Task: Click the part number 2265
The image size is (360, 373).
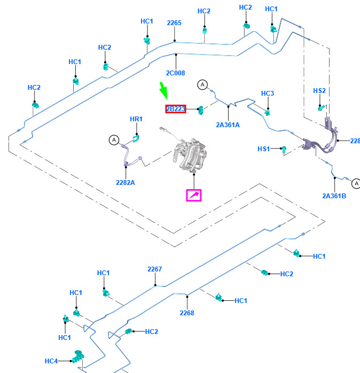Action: [174, 23]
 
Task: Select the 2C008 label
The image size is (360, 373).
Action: [175, 73]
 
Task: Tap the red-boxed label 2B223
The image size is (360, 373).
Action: [175, 109]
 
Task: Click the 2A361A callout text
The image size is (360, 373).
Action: [228, 125]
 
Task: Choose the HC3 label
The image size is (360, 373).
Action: [268, 94]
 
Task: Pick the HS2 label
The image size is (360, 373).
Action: [319, 91]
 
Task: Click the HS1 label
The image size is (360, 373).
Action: [264, 149]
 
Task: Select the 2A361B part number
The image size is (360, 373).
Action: [334, 196]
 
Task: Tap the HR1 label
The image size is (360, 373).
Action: [136, 119]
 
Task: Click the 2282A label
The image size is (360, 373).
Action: [126, 182]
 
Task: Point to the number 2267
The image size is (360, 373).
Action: [154, 269]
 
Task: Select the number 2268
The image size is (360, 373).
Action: [187, 313]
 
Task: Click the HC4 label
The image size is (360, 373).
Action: [51, 361]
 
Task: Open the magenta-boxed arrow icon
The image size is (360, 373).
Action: [193, 196]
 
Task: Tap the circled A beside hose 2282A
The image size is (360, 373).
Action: [114, 140]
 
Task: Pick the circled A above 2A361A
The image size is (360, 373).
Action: [202, 84]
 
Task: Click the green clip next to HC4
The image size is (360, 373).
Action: [79, 357]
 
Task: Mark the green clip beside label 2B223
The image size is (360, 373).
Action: [201, 110]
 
